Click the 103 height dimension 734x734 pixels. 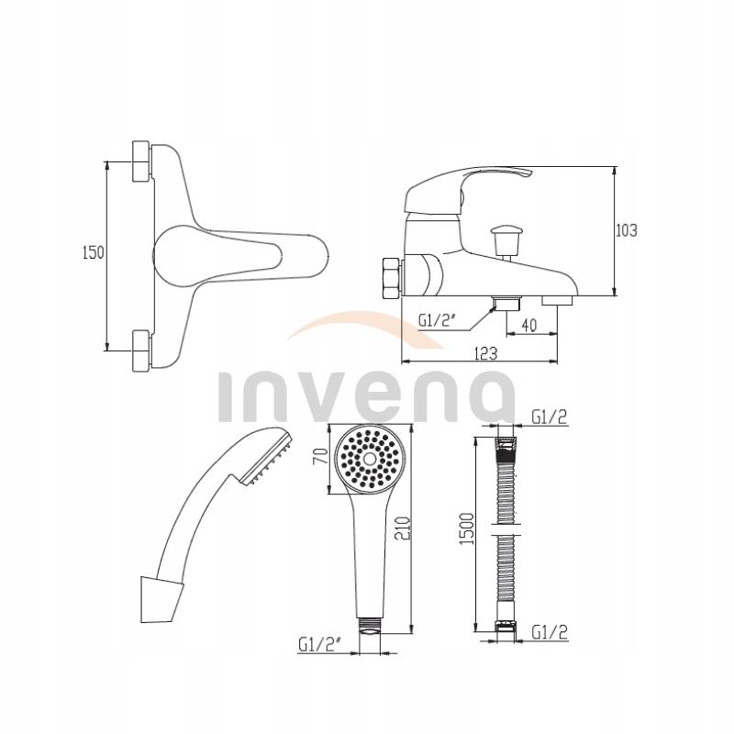click(627, 230)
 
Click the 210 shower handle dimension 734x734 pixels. click(413, 529)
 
